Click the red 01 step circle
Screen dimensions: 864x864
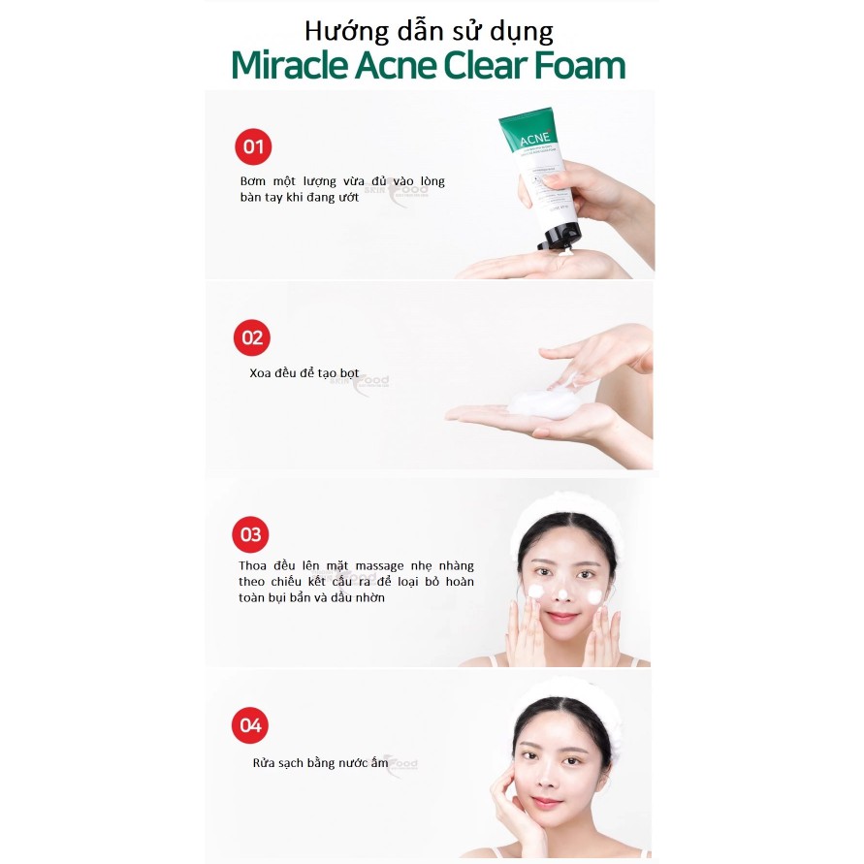[x=253, y=147]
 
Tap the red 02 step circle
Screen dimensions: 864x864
[x=252, y=337]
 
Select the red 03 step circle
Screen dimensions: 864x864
[x=251, y=534]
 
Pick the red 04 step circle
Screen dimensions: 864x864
[x=251, y=725]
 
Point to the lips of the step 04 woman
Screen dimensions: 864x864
[x=548, y=802]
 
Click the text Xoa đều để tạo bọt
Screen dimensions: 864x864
[x=304, y=373]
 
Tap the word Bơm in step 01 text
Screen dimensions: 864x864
[x=254, y=181]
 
